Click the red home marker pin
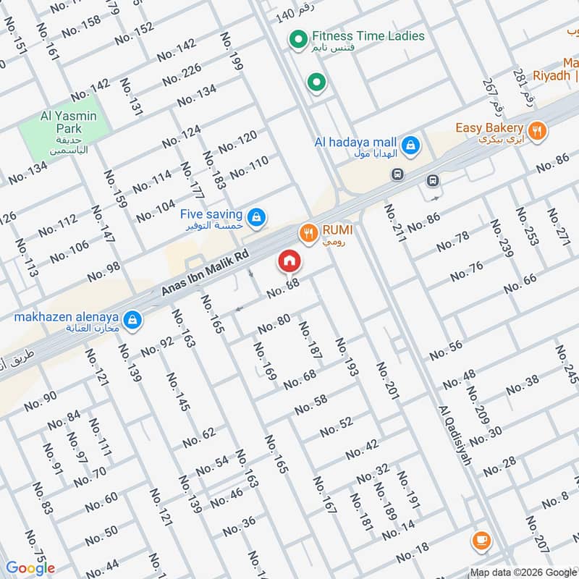pyautogui.click(x=289, y=260)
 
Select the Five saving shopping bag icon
pyautogui.click(x=255, y=216)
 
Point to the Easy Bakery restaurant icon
pyautogui.click(x=536, y=131)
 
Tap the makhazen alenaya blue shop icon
pyautogui.click(x=132, y=318)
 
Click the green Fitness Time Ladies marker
pyautogui.click(x=296, y=40)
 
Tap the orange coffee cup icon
pyautogui.click(x=481, y=539)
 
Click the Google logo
pyautogui.click(x=30, y=568)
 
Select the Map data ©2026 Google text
pyautogui.click(x=523, y=571)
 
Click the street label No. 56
pyautogui.click(x=446, y=350)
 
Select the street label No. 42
pyautogui.click(x=362, y=449)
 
